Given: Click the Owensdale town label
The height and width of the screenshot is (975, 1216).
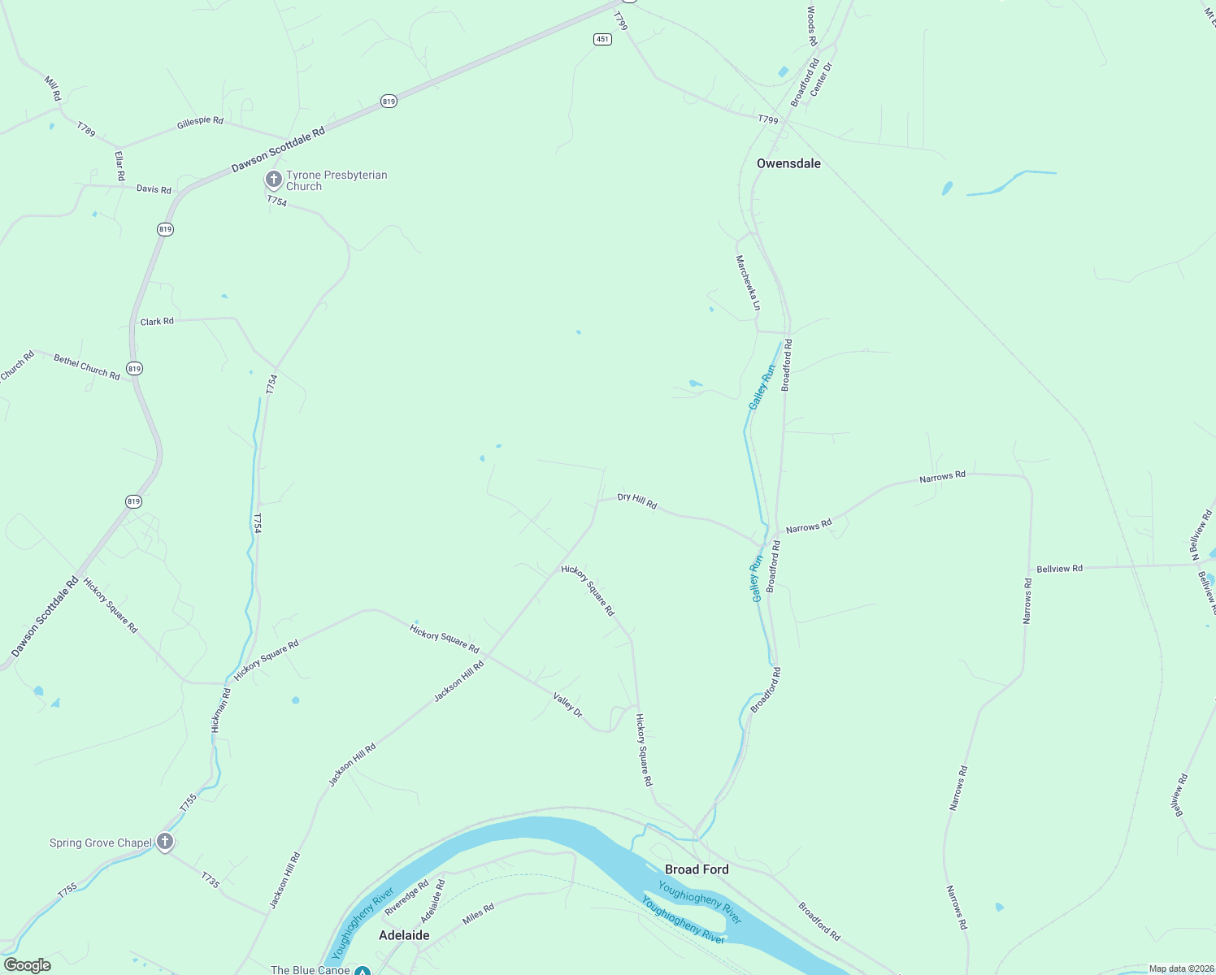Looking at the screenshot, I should point(788,163).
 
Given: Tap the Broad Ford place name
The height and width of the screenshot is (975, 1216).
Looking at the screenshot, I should point(697,869).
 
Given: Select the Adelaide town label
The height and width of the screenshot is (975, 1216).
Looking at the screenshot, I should point(404,935).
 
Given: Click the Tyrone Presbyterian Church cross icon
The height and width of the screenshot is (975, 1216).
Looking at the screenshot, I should point(274,179).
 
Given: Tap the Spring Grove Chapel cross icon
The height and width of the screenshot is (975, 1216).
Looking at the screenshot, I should point(165,842).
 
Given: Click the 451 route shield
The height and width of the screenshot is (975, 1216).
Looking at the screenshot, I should point(601,39).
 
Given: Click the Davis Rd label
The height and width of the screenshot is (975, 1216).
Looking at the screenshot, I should point(154,189).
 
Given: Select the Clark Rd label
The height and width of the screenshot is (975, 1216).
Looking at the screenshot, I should point(157,322).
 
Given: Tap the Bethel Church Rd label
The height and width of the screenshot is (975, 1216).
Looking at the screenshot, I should point(87,366).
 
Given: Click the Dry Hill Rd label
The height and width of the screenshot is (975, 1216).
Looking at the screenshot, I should point(637,500).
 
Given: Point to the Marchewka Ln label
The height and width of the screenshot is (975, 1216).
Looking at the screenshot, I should point(748,283).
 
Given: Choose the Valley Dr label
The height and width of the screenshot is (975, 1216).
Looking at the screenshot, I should point(568,704).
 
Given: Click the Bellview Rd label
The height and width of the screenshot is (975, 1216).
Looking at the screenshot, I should point(1059,569).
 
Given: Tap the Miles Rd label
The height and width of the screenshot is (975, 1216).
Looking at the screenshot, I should point(478,914).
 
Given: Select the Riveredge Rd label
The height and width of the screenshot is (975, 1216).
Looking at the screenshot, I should point(406,898).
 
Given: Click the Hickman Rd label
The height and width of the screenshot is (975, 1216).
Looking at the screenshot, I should point(221,711).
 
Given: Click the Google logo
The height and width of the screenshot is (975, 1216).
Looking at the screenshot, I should point(27,965).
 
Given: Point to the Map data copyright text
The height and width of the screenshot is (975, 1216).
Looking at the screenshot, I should point(1180,968).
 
